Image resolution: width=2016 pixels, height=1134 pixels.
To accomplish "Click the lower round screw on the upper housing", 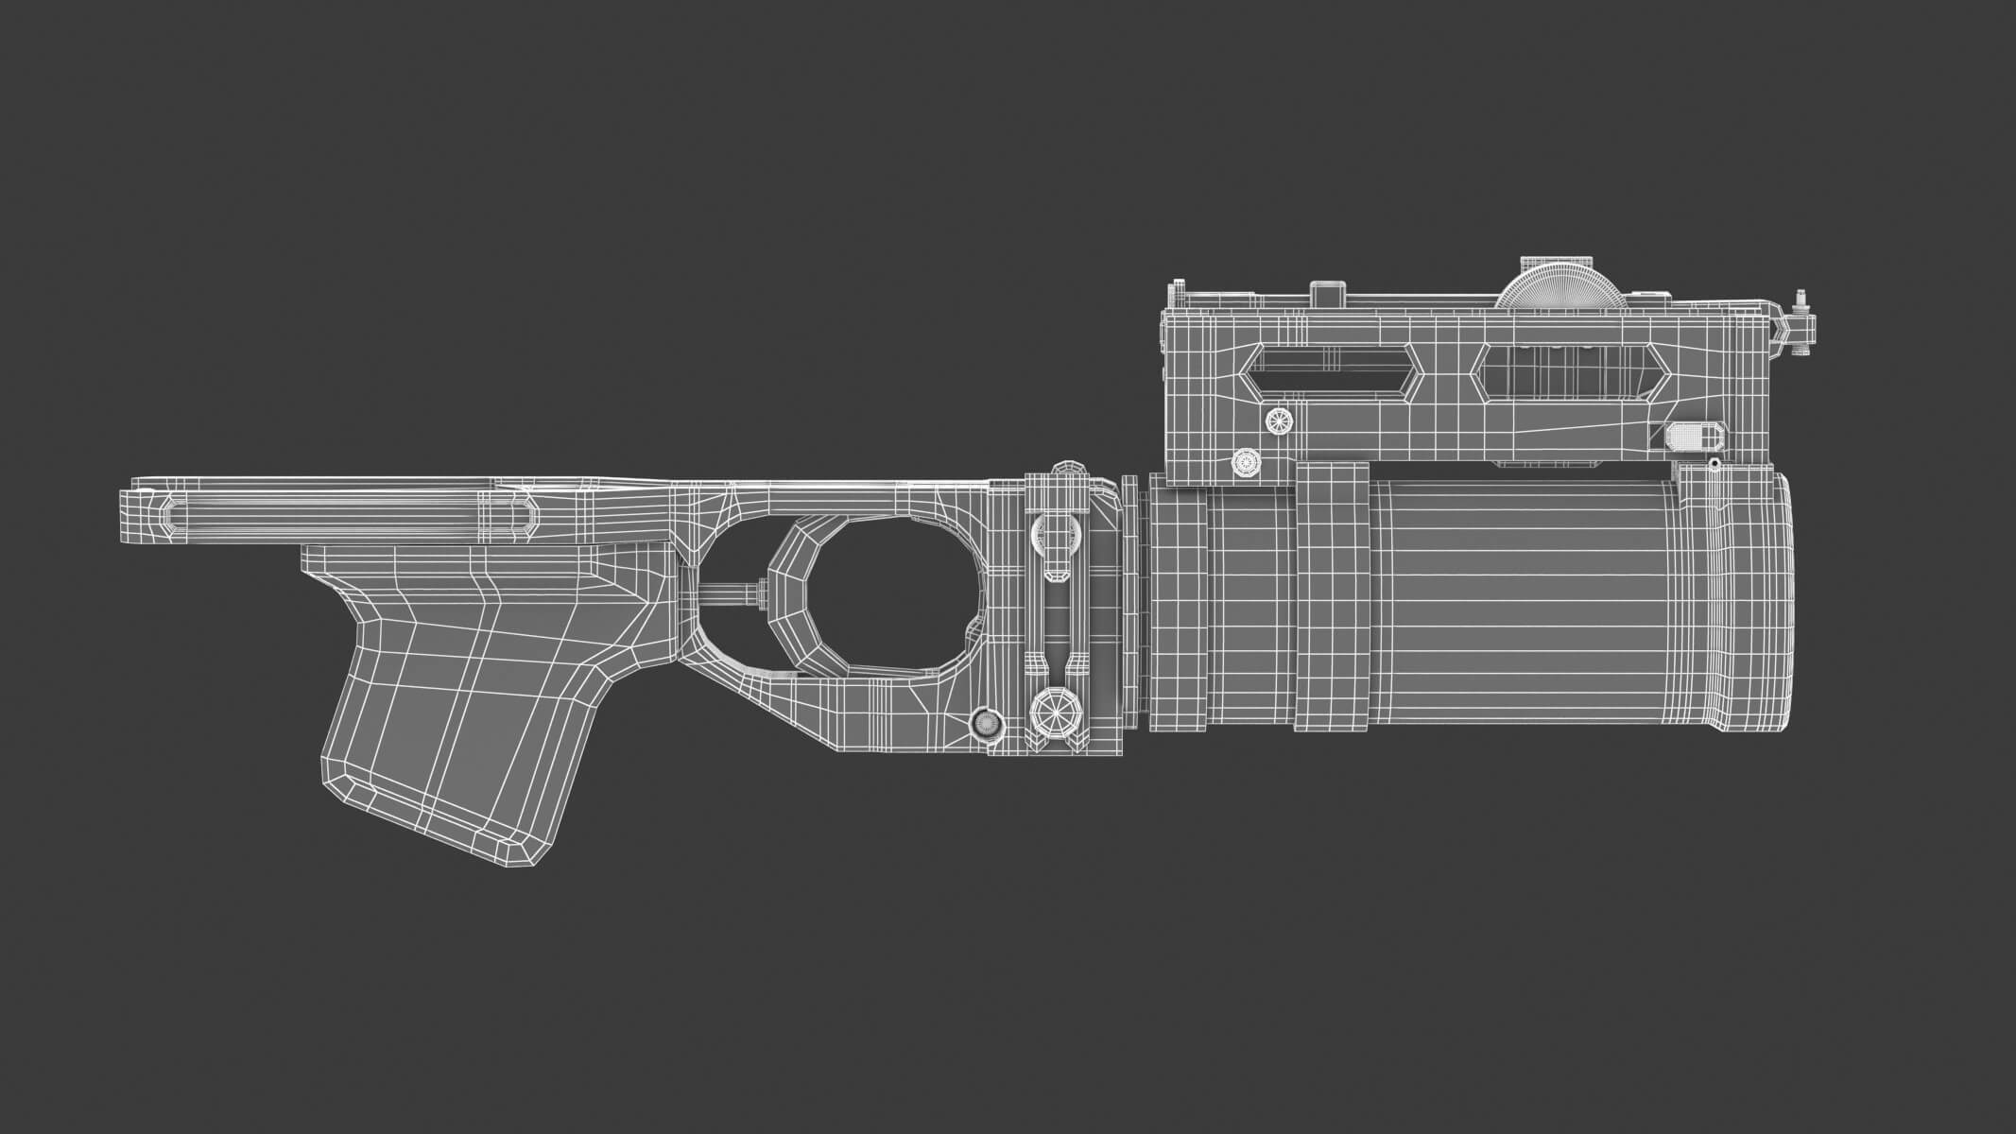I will click(x=1246, y=462).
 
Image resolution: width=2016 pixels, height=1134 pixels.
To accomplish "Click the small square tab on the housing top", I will click(x=1328, y=294).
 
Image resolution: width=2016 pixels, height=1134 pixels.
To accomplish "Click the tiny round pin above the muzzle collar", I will click(x=1714, y=464).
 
